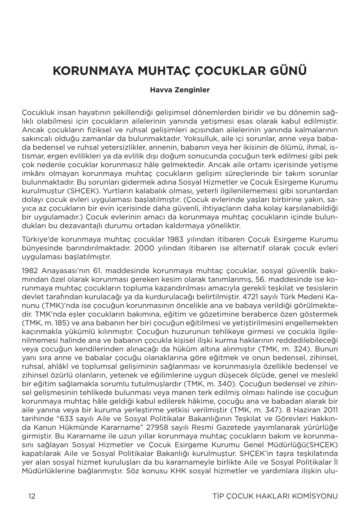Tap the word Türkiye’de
[40, 240]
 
